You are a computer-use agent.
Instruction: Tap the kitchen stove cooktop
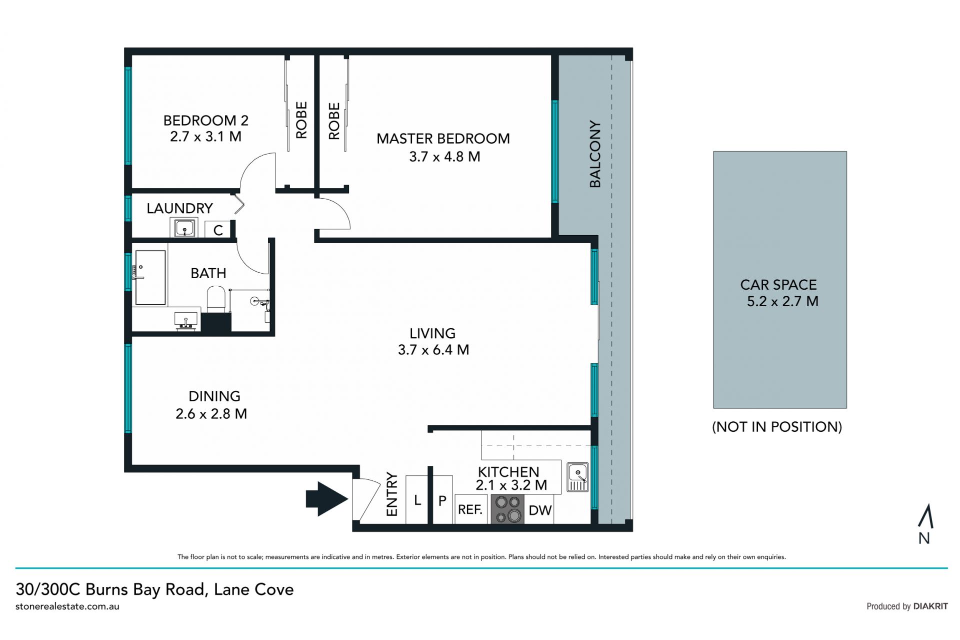507,509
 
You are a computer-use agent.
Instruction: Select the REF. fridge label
470,509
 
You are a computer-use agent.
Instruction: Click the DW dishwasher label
540,510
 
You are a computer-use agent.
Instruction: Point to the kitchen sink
577,477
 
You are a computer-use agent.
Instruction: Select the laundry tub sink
184,228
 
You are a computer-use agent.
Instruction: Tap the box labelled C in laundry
217,229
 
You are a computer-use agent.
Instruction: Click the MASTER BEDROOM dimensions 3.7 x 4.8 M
444,157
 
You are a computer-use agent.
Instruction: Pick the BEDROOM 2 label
205,120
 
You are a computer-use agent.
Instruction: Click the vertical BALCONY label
595,154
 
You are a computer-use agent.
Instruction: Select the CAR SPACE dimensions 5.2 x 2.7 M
782,301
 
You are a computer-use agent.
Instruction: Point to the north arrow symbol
925,516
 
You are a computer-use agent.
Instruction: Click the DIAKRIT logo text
930,606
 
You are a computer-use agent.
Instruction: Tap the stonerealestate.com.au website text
67,606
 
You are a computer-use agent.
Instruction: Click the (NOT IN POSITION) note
777,427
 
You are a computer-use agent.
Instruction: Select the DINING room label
214,396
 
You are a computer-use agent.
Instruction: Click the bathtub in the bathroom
150,278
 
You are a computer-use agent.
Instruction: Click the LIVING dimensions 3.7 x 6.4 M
433,350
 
